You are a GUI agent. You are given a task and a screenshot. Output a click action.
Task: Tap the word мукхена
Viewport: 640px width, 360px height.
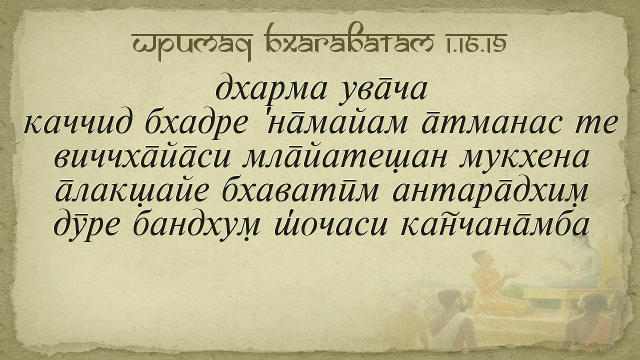pyautogui.click(x=523, y=158)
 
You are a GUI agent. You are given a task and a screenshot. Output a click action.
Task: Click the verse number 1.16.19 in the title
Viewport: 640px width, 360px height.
pyautogui.click(x=471, y=43)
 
